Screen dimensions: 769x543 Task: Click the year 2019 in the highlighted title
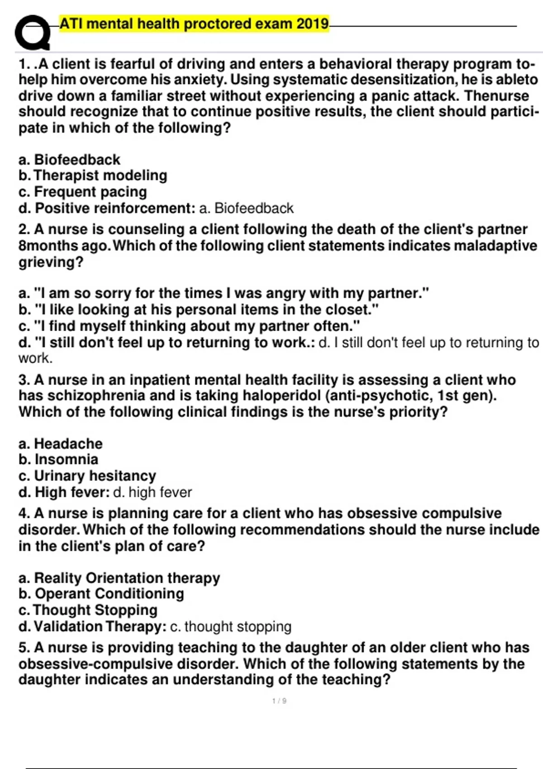point(313,23)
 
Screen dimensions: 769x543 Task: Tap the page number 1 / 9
point(279,701)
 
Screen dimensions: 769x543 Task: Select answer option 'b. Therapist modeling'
point(93,175)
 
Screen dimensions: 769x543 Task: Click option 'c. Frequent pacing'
point(82,192)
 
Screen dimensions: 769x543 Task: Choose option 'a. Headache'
point(61,443)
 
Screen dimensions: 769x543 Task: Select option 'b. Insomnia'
point(58,459)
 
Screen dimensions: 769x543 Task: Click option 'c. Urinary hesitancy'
point(87,475)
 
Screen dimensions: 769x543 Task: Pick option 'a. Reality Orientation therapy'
point(119,578)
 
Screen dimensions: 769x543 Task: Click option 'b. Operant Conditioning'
point(101,593)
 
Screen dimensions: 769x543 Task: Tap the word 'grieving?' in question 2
point(51,262)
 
